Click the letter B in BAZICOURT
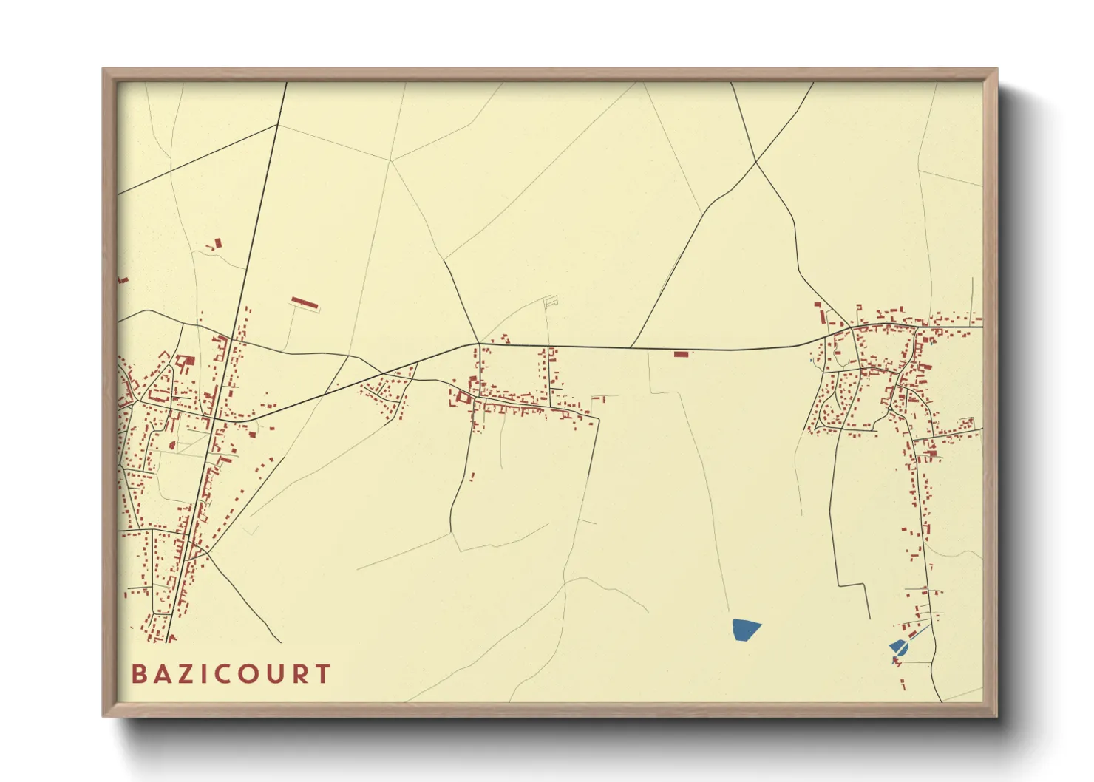pyautogui.click(x=138, y=674)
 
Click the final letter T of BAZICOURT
pyautogui.click(x=322, y=674)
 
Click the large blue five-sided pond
pyautogui.click(x=746, y=630)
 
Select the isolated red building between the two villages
pyautogui.click(x=681, y=354)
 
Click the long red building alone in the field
pyautogui.click(x=305, y=303)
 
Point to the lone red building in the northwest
pyautogui.click(x=217, y=243)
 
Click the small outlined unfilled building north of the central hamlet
pyautogui.click(x=551, y=301)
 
